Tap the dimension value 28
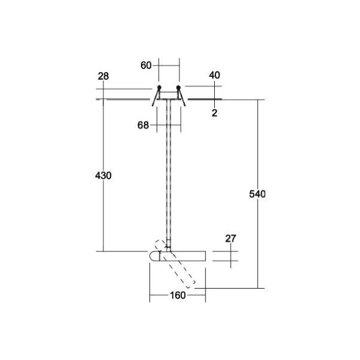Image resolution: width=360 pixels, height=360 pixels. [103, 76]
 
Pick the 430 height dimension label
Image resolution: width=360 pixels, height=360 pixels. [104, 176]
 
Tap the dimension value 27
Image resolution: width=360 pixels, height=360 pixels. [230, 239]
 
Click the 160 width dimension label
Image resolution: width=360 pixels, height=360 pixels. [178, 297]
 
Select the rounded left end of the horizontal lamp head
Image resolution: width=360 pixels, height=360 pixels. [152, 256]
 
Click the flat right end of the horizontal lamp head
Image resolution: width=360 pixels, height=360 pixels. [204, 256]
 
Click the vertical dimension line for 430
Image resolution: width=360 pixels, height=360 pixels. [104, 214]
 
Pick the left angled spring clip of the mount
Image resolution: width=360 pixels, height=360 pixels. [155, 96]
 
